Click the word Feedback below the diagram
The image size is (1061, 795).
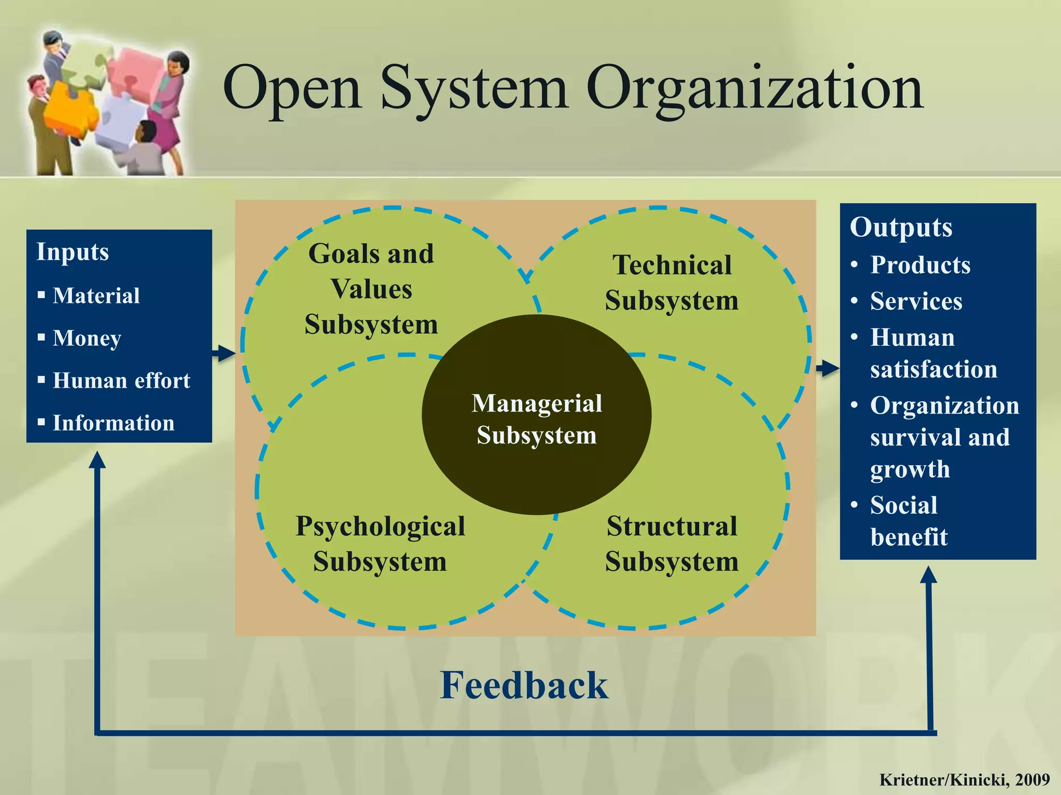tap(524, 685)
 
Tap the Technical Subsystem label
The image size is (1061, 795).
tap(672, 283)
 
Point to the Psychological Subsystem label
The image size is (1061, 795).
tap(380, 544)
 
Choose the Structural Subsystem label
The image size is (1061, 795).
tap(672, 544)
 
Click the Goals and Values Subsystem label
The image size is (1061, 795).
tap(371, 289)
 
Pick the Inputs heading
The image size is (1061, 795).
tap(73, 252)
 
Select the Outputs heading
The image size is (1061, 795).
tap(901, 228)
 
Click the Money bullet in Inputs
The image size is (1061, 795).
tap(87, 338)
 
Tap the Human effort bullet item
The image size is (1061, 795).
tap(121, 380)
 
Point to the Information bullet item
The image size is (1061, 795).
tap(113, 423)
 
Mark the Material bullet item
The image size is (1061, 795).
tap(96, 296)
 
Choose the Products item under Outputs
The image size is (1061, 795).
tap(920, 265)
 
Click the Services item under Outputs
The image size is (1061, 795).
tap(916, 301)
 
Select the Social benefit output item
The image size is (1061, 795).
tap(909, 521)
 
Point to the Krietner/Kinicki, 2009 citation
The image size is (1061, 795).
tap(964, 779)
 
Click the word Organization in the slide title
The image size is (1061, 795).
tap(754, 89)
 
